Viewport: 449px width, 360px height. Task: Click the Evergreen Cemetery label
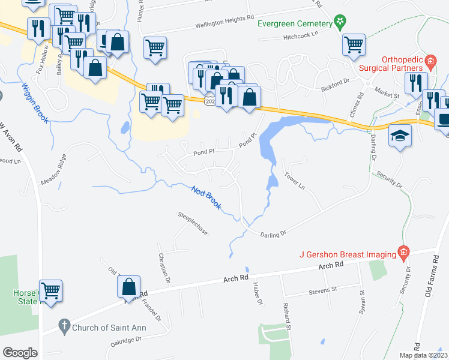click(x=295, y=23)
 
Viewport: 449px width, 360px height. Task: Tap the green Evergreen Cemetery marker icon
click(x=340, y=23)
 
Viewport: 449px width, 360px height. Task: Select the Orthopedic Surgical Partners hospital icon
click(x=430, y=61)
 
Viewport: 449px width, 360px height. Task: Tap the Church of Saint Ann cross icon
click(x=64, y=328)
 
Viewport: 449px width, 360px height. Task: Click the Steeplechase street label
click(x=192, y=223)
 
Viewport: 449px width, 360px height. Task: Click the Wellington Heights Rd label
click(x=224, y=25)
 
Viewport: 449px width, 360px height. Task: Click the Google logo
click(x=20, y=353)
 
